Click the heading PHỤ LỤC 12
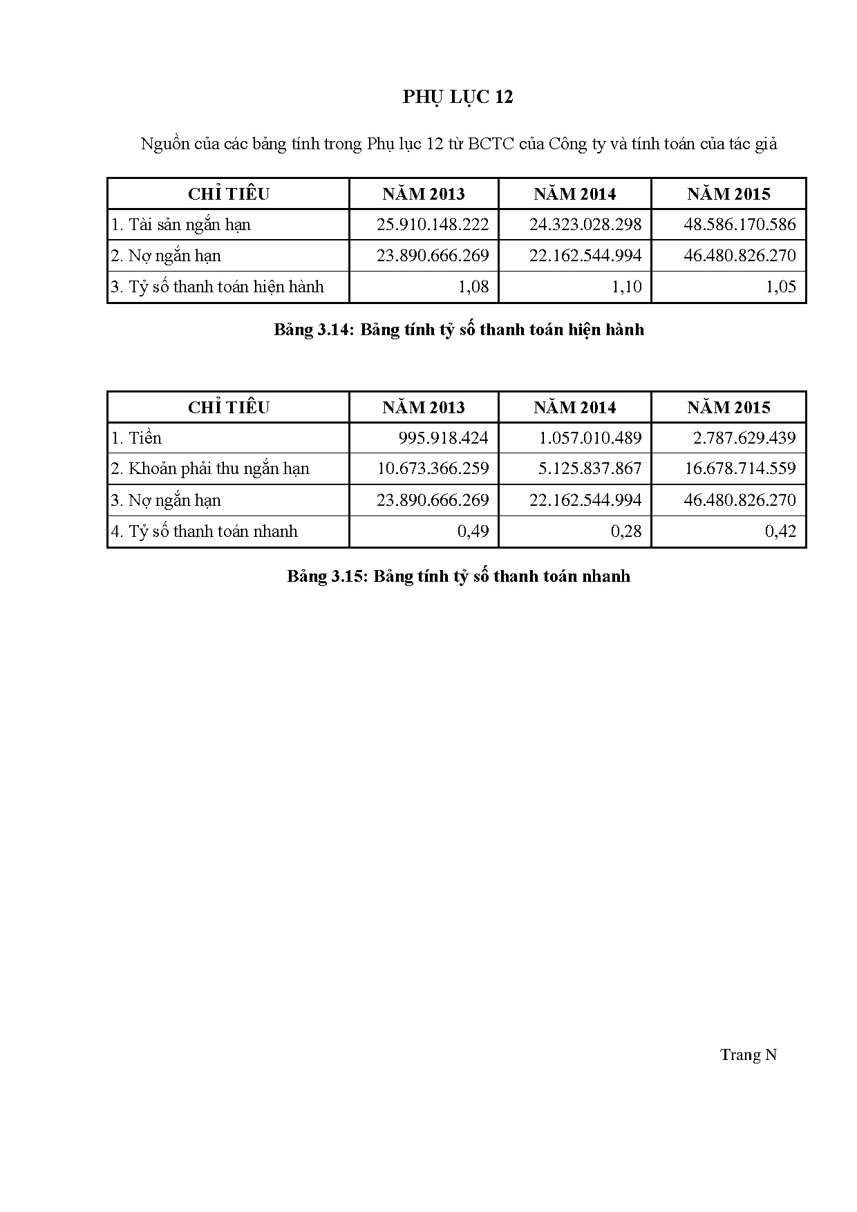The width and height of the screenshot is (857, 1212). [x=458, y=97]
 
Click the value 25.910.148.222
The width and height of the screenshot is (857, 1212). [x=433, y=225]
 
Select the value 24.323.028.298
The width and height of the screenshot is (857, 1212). [x=585, y=225]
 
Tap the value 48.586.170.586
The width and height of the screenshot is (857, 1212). [x=740, y=225]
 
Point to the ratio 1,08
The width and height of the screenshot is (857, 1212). [x=473, y=287]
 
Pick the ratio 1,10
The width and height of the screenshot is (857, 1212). [x=627, y=287]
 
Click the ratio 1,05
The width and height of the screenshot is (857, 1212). [x=781, y=287]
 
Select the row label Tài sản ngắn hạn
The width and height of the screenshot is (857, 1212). [x=181, y=225]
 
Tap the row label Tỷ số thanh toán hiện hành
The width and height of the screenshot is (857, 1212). [x=218, y=287]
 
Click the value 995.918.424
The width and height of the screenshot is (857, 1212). [x=443, y=438]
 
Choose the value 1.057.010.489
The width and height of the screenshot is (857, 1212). [x=590, y=438]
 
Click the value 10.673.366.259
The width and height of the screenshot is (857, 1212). [x=433, y=468]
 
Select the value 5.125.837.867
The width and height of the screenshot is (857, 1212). [x=590, y=468]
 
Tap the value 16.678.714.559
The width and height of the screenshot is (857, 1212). [x=740, y=468]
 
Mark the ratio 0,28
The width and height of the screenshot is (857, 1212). [x=627, y=531]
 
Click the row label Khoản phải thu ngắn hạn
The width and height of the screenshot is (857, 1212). [x=210, y=468]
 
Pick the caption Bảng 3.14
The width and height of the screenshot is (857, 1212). [x=459, y=330]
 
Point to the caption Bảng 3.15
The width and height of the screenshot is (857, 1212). [x=459, y=576]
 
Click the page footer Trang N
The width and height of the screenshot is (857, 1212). [x=748, y=1054]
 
